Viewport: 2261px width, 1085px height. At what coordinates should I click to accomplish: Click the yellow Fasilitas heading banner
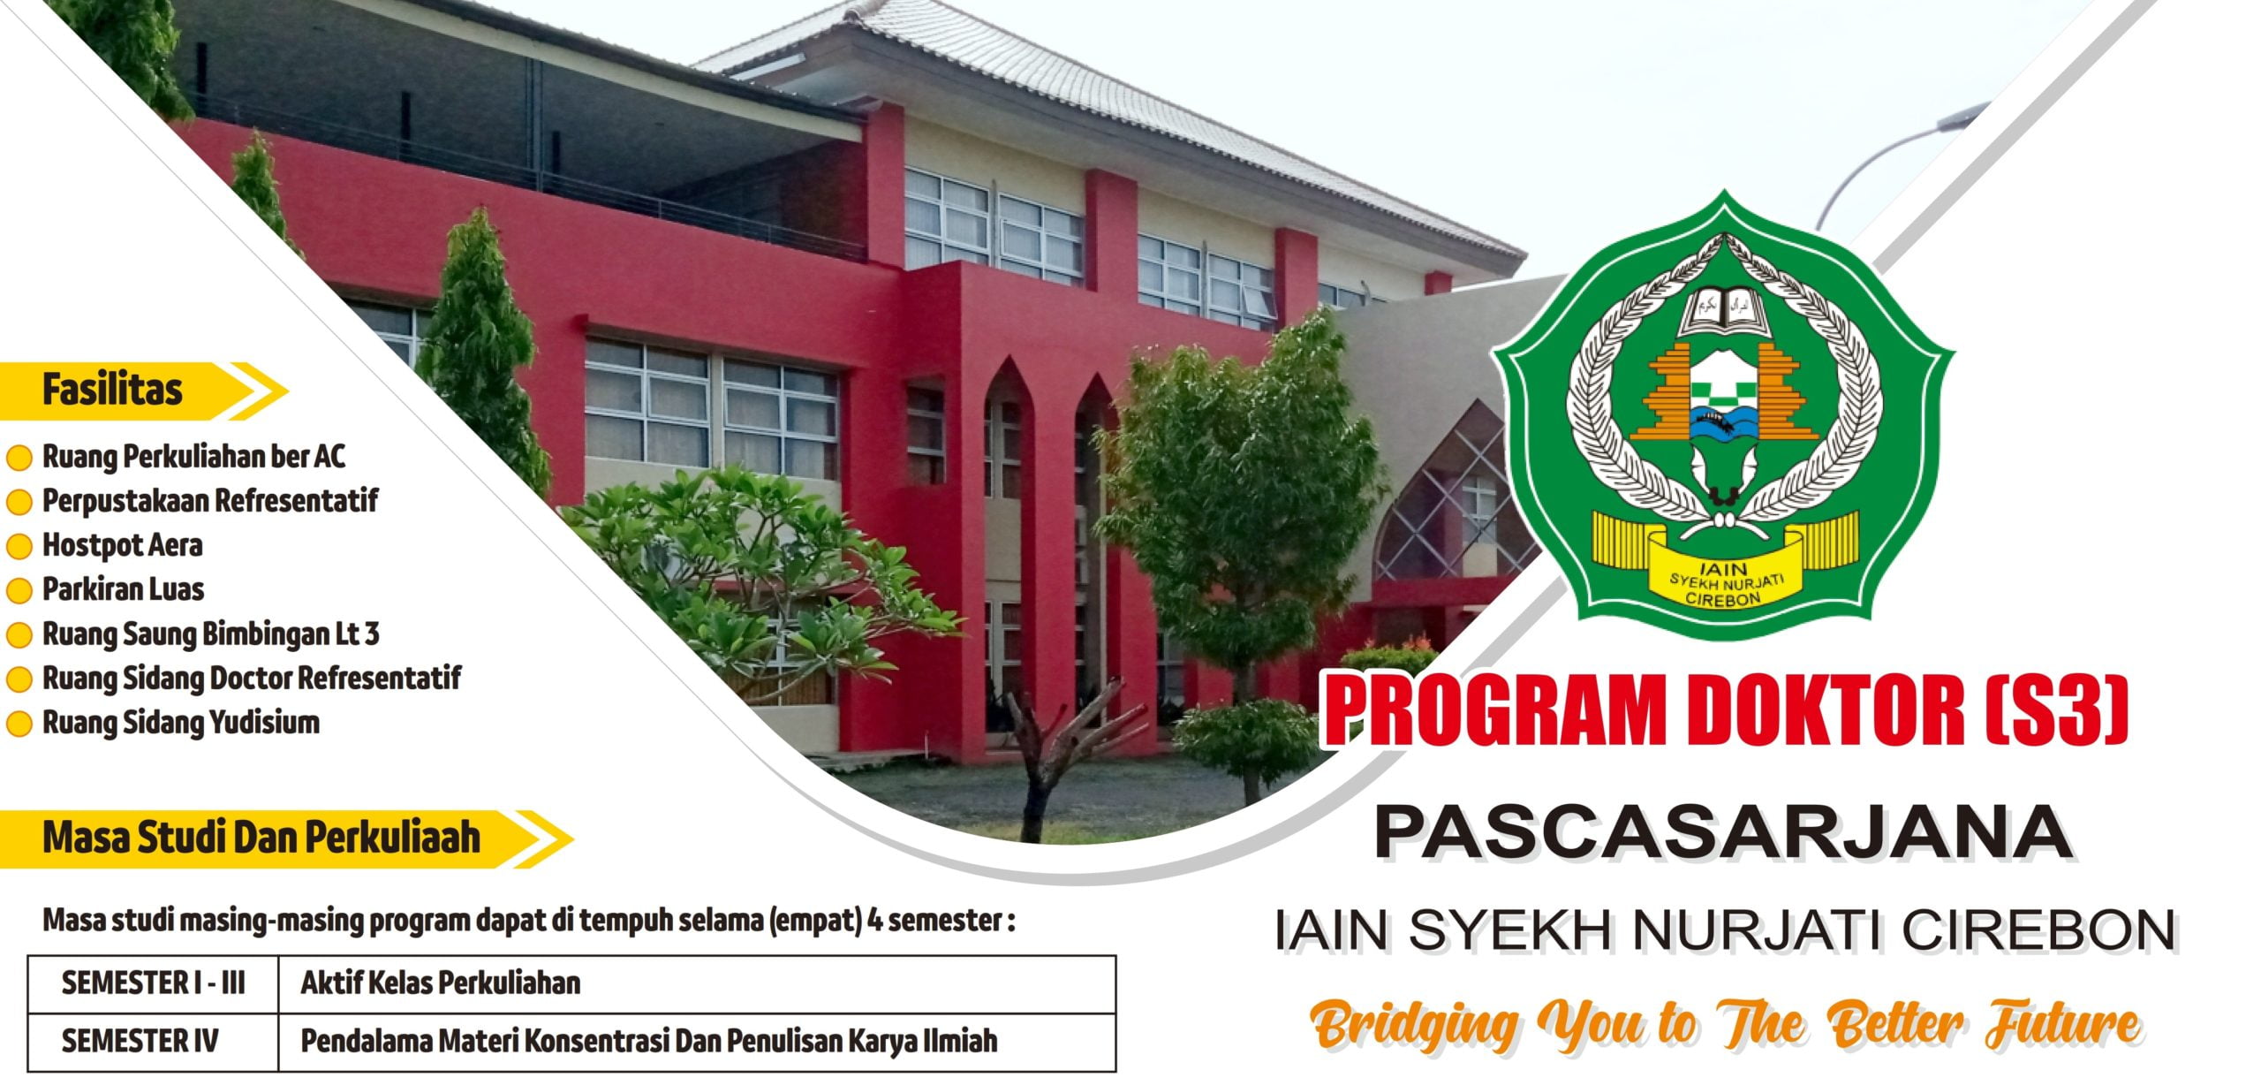141,391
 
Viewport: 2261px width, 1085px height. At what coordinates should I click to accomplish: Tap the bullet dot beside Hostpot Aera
19,546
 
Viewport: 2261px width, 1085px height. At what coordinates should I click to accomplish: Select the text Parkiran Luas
124,589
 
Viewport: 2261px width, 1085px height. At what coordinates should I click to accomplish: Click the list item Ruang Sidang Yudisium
181,723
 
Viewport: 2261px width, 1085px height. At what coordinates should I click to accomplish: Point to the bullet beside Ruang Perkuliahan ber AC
19,458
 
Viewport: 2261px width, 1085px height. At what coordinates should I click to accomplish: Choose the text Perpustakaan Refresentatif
210,501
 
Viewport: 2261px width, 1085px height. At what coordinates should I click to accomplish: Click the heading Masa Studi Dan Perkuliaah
261,838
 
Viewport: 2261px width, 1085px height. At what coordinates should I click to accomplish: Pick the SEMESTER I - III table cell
153,983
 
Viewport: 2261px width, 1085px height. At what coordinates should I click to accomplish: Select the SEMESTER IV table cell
153,1042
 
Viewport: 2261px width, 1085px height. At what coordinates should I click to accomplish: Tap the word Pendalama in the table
368,1042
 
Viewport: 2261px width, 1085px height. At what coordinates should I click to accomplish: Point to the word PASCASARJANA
1723,832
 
